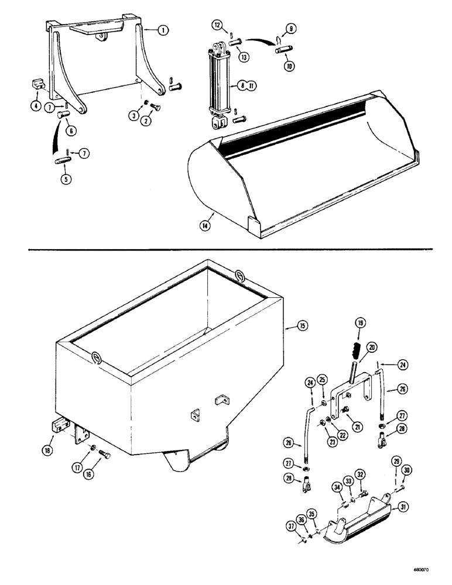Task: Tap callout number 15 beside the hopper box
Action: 302,325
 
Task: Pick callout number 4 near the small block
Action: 36,106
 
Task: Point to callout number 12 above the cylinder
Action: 218,25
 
